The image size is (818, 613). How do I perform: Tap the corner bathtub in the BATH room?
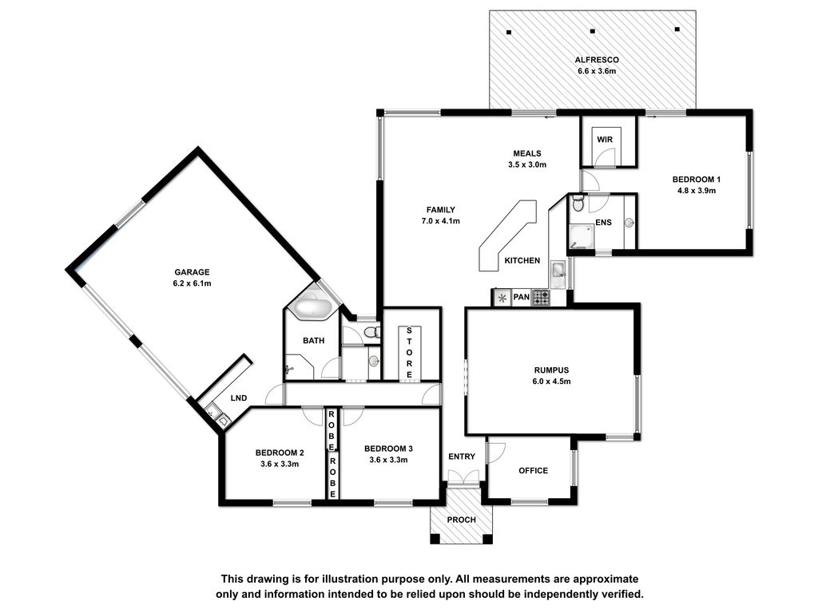[312, 306]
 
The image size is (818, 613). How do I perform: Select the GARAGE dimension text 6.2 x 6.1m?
[192, 283]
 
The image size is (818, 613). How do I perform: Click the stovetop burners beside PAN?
[541, 297]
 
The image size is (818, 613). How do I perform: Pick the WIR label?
[605, 140]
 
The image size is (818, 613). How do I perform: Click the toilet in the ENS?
[577, 203]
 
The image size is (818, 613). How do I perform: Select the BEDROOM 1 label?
[697, 180]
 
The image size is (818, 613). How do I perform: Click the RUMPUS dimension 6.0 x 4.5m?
[551, 381]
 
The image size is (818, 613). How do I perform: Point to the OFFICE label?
[533, 471]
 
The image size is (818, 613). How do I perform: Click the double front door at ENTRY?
[463, 477]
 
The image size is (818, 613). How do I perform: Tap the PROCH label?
[462, 520]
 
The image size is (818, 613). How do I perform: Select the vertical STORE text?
[409, 352]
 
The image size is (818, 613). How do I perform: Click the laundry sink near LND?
[217, 415]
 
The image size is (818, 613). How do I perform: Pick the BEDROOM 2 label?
[280, 453]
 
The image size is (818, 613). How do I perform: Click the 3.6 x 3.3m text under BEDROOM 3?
[389, 460]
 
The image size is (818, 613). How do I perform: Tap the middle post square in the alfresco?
[593, 31]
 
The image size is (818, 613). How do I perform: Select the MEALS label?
[527, 153]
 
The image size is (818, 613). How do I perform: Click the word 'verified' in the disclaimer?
[622, 594]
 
